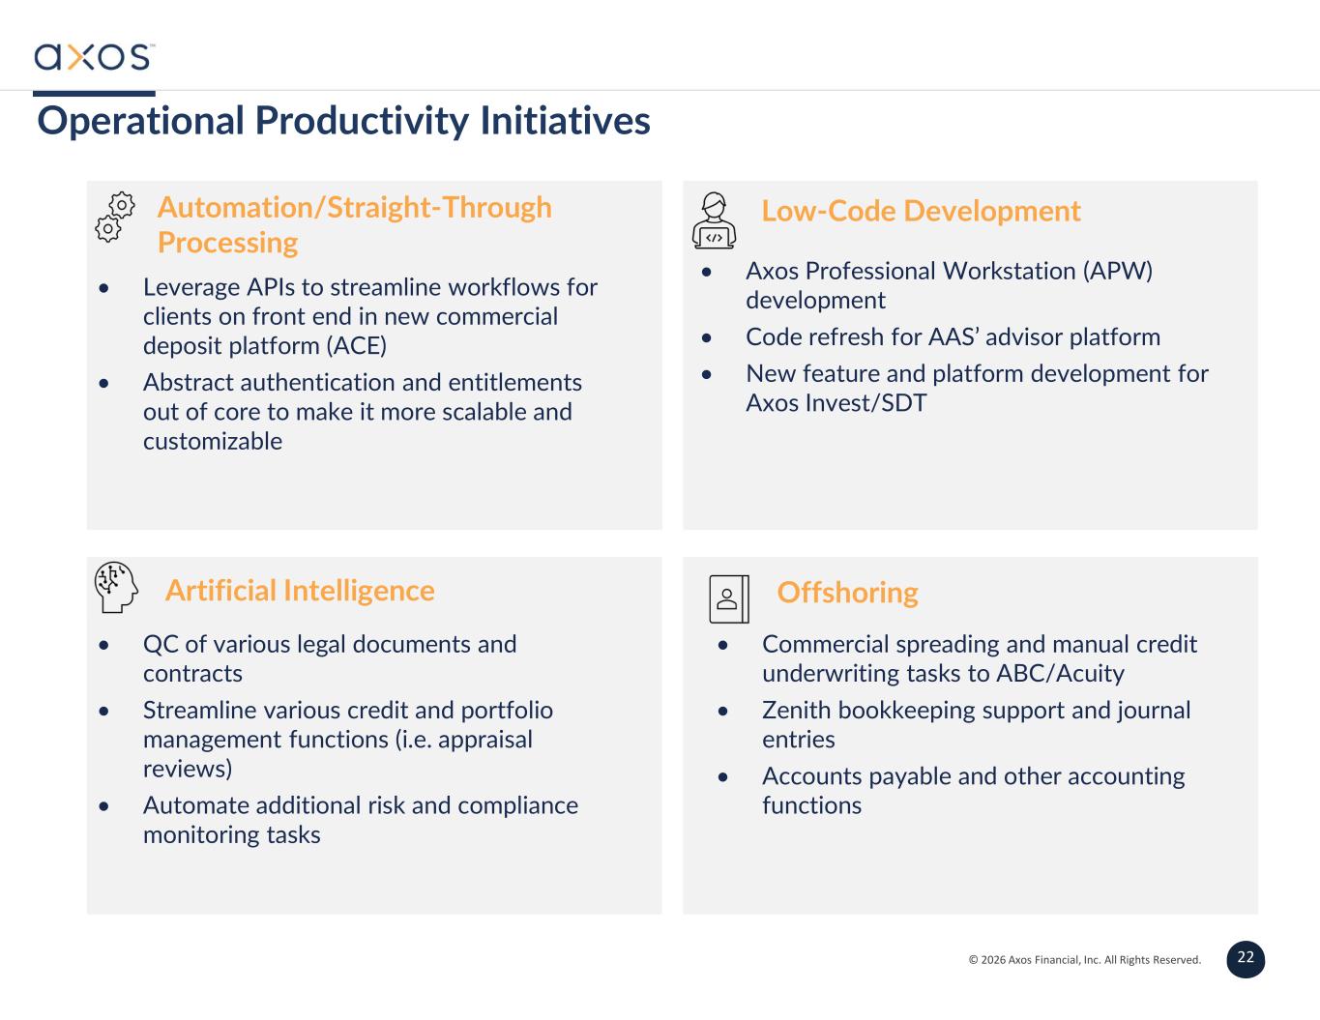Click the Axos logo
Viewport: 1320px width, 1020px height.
(x=94, y=57)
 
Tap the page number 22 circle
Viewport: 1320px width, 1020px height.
(x=1246, y=959)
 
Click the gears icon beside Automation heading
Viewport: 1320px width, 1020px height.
(x=115, y=217)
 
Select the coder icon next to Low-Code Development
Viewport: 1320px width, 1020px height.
(x=714, y=220)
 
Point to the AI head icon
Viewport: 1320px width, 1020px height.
(x=116, y=587)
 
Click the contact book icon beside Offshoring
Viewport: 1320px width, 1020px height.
(x=729, y=598)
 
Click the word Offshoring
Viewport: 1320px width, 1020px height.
(x=847, y=593)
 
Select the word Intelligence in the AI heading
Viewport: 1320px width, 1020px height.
(x=359, y=591)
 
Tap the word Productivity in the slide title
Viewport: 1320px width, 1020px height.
(x=362, y=122)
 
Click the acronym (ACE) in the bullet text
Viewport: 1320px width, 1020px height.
(x=356, y=346)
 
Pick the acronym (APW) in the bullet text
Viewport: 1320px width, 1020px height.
(x=1118, y=271)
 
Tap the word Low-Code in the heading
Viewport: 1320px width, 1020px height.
(x=829, y=211)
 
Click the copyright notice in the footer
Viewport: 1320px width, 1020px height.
(x=1085, y=960)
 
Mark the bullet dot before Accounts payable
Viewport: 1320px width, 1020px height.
(x=723, y=777)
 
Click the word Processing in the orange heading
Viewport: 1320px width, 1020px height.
(x=228, y=244)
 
